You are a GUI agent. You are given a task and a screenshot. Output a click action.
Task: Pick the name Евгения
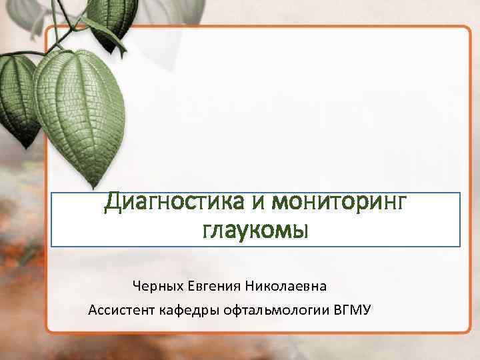tap(211, 287)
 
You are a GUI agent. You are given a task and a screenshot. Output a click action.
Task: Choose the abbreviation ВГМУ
tap(354, 310)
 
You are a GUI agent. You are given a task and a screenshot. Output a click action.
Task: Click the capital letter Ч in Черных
tap(137, 287)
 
